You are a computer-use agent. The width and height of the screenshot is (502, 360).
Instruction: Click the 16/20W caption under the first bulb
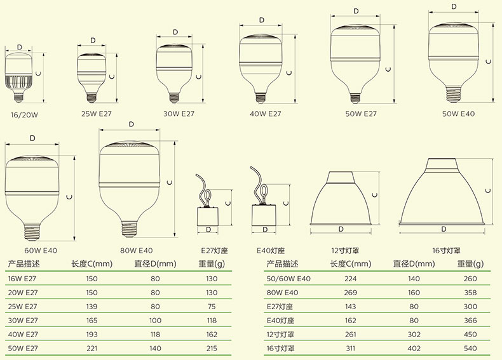coord(24,115)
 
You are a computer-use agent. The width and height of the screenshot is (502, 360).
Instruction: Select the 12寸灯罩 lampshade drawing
coord(341,198)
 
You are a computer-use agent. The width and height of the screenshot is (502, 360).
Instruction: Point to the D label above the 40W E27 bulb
coord(262,20)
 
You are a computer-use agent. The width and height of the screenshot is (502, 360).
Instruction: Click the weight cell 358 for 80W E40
coord(470,293)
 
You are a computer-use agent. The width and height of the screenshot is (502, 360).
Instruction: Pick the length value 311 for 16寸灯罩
coord(350,348)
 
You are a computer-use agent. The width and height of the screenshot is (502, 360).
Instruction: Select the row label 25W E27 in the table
coord(23,306)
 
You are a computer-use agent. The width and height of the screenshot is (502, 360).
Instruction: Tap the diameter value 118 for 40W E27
coord(155,335)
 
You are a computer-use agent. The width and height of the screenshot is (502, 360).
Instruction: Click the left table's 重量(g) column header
coord(212,264)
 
